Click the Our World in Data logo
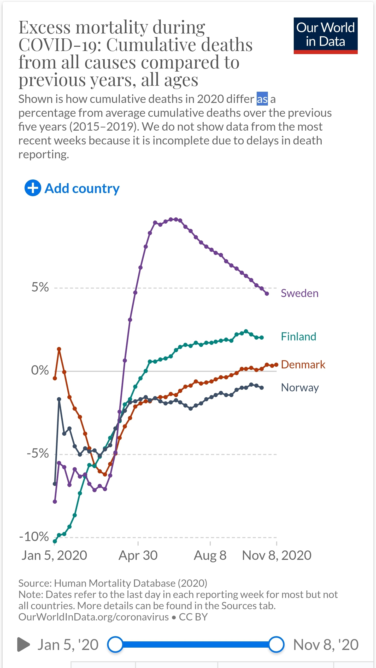point(325,36)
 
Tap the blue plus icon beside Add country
point(33,188)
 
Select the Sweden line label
point(299,293)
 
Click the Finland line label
point(298,337)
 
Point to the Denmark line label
point(303,365)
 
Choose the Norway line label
point(300,388)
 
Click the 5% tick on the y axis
point(40,287)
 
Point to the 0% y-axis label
point(40,370)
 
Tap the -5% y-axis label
point(38,454)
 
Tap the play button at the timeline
point(23,644)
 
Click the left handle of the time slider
point(115,644)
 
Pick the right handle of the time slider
point(276,644)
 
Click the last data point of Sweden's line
point(267,294)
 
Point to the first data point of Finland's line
point(55,541)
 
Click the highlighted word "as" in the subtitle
point(262,99)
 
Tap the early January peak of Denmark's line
point(59,349)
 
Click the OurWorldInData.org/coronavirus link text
point(93,617)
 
